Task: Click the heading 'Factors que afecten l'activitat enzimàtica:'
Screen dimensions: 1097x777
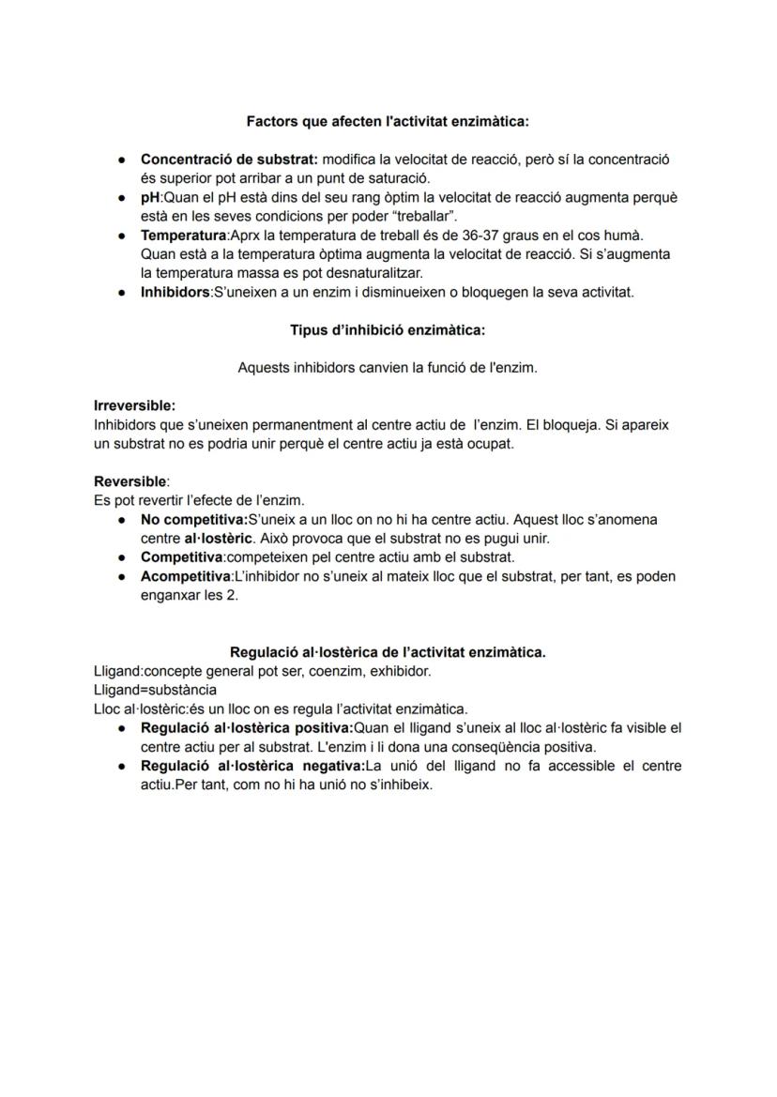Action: tap(388, 121)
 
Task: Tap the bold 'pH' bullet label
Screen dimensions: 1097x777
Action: tap(150, 198)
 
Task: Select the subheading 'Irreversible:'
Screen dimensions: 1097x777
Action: tap(134, 405)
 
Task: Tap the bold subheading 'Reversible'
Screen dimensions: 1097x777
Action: tap(129, 480)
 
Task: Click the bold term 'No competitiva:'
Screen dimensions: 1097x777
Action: tap(193, 519)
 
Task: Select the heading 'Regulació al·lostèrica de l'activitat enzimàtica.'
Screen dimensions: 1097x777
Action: tap(388, 651)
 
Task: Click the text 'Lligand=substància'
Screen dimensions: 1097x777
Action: tap(155, 690)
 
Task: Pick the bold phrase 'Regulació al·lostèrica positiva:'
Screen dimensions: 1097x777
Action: tap(245, 728)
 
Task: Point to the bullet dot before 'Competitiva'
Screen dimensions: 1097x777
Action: tap(123, 557)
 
